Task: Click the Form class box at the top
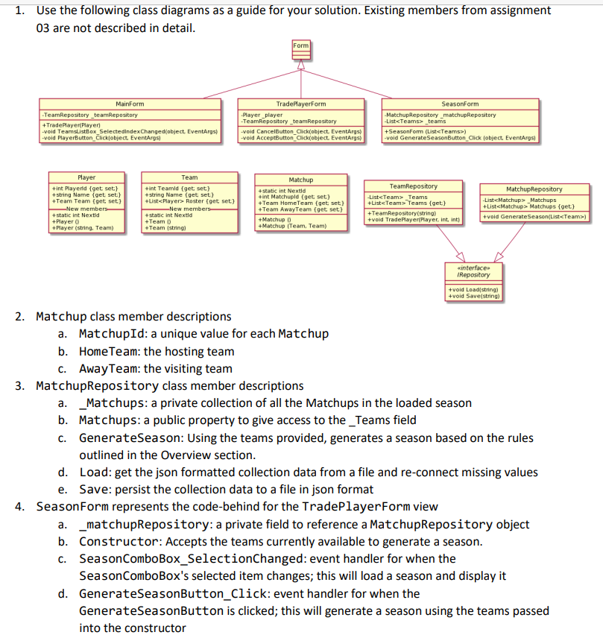(300, 45)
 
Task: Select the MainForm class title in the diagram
(130, 104)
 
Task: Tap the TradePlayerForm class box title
(300, 104)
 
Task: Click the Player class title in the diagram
(86, 177)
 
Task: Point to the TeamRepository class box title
(414, 186)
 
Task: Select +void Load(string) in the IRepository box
(473, 288)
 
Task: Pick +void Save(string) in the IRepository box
(473, 296)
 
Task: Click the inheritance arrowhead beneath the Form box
(300, 65)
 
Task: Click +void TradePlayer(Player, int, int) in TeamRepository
(414, 220)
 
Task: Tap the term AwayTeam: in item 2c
(110, 368)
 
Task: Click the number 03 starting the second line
(44, 28)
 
